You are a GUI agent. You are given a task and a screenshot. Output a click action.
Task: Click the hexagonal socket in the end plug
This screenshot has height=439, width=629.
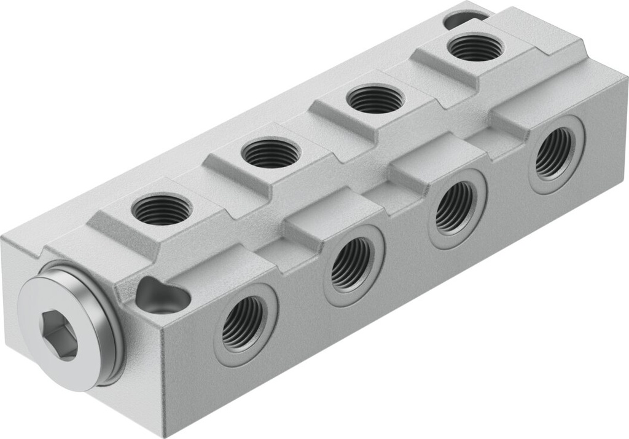click(59, 334)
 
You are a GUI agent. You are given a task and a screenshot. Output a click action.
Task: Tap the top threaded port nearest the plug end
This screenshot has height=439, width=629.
click(161, 209)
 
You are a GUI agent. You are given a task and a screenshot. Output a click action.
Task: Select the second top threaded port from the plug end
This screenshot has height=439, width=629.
click(270, 153)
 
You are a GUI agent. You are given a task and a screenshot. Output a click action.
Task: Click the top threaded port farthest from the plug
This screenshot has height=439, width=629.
click(475, 47)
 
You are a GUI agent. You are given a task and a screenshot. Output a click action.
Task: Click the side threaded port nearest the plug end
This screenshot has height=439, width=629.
click(243, 323)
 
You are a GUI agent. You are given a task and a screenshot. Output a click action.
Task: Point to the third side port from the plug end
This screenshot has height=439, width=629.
click(455, 207)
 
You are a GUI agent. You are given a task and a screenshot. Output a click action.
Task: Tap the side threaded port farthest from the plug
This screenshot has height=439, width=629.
click(554, 154)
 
